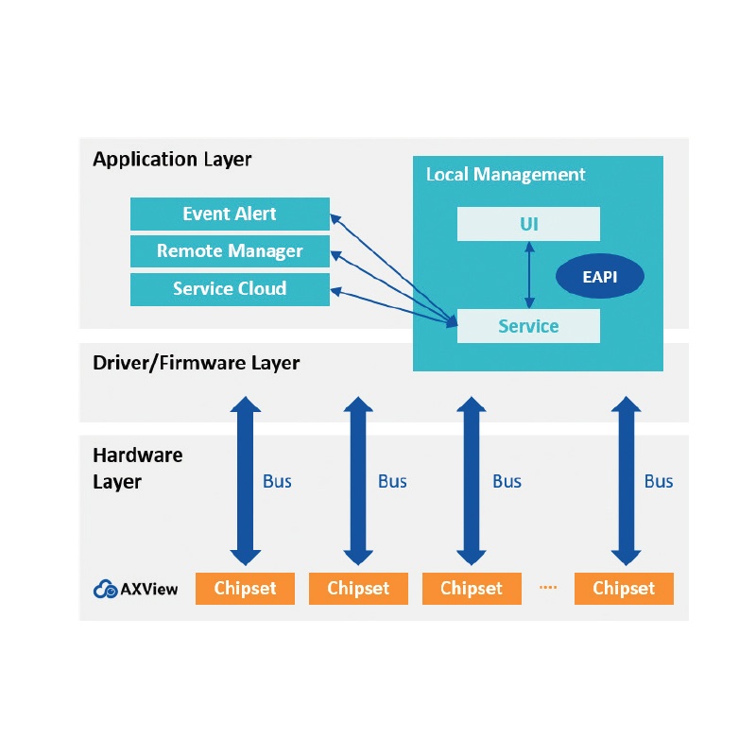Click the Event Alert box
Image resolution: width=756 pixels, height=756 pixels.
[x=230, y=214]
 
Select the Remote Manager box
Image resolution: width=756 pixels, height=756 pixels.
[x=230, y=250]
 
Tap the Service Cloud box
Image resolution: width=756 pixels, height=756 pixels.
[x=230, y=289]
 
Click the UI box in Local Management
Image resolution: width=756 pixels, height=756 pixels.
[x=528, y=224]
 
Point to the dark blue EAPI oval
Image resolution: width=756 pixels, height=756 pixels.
[x=600, y=276]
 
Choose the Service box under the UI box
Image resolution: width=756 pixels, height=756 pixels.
[x=528, y=326]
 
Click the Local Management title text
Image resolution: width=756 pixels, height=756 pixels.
[x=506, y=175]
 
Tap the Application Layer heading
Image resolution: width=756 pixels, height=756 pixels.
[x=172, y=159]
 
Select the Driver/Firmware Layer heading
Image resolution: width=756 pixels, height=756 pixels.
[x=197, y=363]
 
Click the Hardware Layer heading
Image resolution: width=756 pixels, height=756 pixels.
[x=138, y=468]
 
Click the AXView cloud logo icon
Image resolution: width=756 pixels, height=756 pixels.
[x=105, y=589]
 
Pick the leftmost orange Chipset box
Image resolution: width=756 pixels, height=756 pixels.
[x=245, y=588]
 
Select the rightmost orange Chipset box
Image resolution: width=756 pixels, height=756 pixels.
[x=624, y=588]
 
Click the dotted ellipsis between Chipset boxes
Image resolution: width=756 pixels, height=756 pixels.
[x=548, y=587]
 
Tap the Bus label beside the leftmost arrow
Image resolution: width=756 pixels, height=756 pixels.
[x=277, y=481]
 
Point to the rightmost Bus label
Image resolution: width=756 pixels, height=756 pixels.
[x=659, y=481]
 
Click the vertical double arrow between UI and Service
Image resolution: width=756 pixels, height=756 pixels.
[x=529, y=275]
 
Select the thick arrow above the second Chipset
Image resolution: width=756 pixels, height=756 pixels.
[x=358, y=481]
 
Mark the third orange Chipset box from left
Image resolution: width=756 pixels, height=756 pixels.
[x=472, y=588]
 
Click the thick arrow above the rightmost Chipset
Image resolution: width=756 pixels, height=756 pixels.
[x=626, y=481]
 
